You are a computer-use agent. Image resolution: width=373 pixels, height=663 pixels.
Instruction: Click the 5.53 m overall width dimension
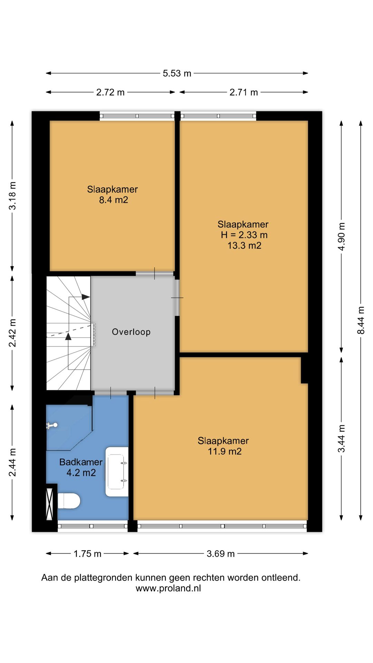(x=177, y=73)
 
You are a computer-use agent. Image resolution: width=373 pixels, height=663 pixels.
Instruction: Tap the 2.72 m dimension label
(x=110, y=92)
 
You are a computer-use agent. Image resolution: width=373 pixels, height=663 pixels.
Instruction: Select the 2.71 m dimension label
(x=243, y=92)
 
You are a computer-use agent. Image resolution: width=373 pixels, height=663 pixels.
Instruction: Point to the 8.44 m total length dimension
(x=361, y=320)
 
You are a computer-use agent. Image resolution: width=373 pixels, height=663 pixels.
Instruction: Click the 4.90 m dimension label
(x=341, y=237)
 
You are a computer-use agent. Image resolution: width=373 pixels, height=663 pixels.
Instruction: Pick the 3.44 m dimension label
(x=341, y=438)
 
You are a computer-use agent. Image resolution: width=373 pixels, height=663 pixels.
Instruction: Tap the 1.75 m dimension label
(x=87, y=554)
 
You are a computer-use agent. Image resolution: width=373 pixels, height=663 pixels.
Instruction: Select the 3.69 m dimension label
(x=221, y=554)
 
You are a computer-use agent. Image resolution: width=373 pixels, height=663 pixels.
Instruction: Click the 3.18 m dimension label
(x=12, y=196)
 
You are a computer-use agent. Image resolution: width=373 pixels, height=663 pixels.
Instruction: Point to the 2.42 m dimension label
(x=12, y=333)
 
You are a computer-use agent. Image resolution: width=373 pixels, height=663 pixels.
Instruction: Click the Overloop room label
(x=131, y=332)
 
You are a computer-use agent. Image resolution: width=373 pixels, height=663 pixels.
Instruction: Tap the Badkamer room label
(x=81, y=462)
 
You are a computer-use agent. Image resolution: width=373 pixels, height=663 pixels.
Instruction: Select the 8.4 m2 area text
(x=114, y=200)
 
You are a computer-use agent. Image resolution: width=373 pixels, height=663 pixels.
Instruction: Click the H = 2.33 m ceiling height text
(x=244, y=235)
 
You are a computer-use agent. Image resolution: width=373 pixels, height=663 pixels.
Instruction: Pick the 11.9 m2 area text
(x=224, y=451)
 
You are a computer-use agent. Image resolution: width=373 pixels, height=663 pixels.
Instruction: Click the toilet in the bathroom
(x=69, y=501)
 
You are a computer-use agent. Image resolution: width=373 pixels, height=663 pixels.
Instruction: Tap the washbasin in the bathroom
(x=117, y=472)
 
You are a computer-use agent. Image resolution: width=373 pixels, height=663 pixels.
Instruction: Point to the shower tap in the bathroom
(x=52, y=425)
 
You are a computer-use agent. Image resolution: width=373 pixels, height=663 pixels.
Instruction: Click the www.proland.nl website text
(x=168, y=588)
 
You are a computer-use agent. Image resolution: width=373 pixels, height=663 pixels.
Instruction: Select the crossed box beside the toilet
(x=50, y=504)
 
